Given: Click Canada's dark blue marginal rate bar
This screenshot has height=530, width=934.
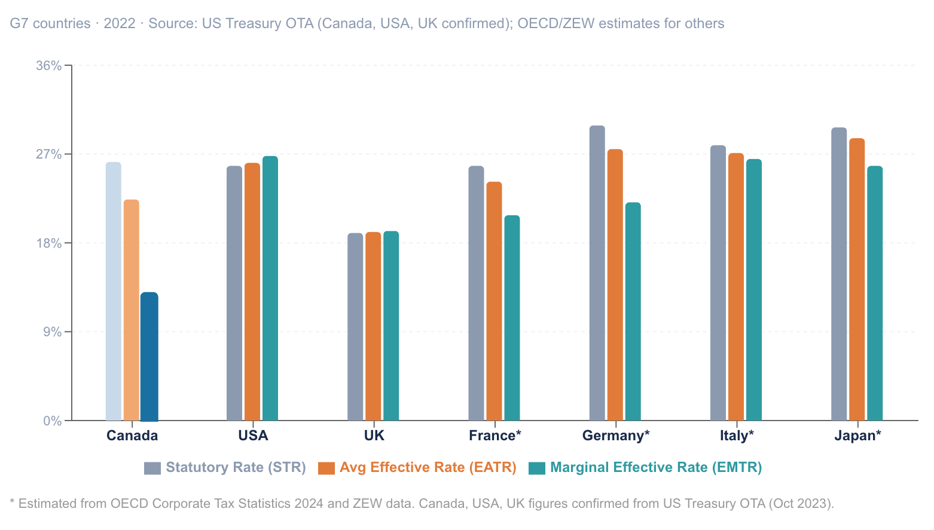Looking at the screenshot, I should click(x=149, y=357).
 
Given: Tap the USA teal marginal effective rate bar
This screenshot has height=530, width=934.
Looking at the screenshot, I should click(x=270, y=288).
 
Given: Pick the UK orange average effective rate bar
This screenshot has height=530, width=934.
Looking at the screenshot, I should click(x=373, y=326).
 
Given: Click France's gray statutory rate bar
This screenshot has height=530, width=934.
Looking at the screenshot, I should click(x=476, y=293).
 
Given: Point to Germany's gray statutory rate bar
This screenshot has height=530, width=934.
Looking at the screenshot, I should click(x=597, y=273).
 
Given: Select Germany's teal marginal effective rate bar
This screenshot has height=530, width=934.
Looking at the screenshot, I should click(x=633, y=311).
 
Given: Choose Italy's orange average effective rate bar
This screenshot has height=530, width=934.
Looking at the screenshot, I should click(x=736, y=287).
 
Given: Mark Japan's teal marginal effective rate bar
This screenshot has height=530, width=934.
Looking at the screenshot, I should click(x=875, y=293).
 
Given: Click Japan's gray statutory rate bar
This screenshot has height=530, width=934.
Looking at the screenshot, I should click(x=839, y=274).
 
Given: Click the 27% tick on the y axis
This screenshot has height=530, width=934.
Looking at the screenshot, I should click(x=49, y=154).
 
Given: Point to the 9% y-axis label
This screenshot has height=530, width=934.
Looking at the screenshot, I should click(x=52, y=332).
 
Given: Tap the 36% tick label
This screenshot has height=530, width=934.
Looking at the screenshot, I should click(x=49, y=66).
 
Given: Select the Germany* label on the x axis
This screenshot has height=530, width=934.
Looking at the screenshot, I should click(x=615, y=435).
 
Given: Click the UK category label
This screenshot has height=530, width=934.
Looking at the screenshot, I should click(x=374, y=435).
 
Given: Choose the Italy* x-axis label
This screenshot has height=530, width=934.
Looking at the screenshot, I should click(x=737, y=435).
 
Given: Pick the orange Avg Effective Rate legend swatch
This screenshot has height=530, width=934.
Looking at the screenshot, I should click(x=326, y=468).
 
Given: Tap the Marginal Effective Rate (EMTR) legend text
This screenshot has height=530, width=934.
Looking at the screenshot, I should click(x=656, y=468).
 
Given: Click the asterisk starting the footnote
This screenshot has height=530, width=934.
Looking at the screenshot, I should click(x=12, y=502).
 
